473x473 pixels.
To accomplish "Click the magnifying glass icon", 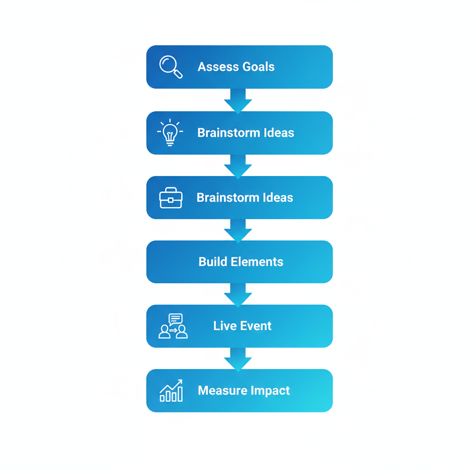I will (170, 67).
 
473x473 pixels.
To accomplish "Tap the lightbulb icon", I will (170, 133).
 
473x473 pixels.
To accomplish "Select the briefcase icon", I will (171, 198).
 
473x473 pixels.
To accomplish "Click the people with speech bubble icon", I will (173, 326).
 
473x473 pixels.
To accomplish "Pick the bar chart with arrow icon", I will (171, 391).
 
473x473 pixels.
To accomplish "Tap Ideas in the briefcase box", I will (276, 198).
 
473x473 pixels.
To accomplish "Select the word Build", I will (212, 262).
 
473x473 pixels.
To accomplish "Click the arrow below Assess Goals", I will (238, 100).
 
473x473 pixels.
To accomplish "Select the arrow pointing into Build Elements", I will (238, 230).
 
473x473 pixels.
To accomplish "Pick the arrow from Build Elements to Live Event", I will (238, 294).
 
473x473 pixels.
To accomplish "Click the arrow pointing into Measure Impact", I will (238, 359).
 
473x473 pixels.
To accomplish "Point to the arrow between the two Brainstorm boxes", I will (238, 165).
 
